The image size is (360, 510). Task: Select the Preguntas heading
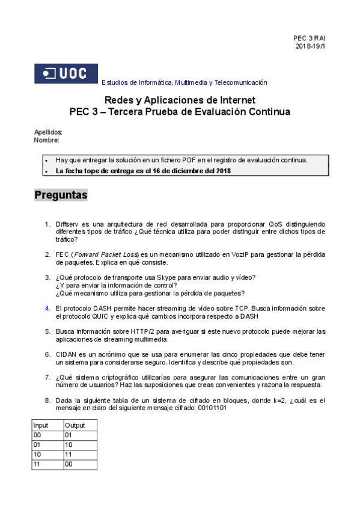(x=61, y=195)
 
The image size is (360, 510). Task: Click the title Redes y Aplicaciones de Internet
(x=180, y=100)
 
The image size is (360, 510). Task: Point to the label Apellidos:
(x=48, y=132)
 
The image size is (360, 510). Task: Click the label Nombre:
(x=47, y=140)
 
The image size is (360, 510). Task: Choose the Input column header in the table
(x=41, y=425)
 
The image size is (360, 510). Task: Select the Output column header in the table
(x=76, y=425)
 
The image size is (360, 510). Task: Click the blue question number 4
(x=47, y=308)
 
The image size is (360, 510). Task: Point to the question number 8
(x=47, y=401)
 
